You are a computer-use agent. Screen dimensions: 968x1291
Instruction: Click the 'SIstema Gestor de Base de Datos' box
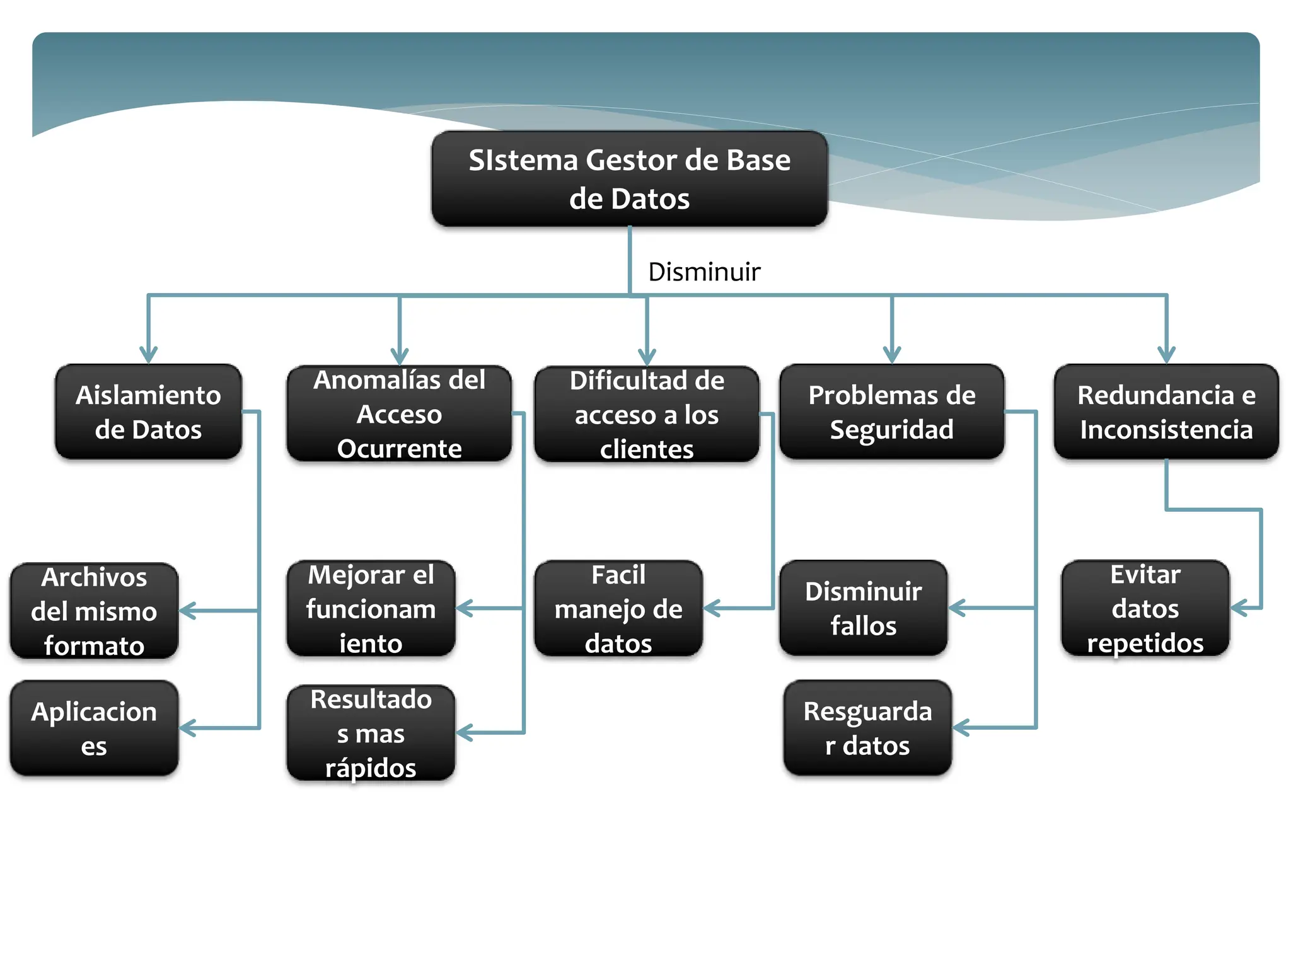click(629, 179)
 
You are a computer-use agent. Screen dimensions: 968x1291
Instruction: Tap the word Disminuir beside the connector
click(703, 272)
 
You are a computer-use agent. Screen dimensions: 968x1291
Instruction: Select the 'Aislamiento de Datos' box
click(148, 412)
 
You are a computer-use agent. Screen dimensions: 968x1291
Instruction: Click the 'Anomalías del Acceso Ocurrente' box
click(399, 414)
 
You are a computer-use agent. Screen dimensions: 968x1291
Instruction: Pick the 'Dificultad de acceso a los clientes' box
click(646, 415)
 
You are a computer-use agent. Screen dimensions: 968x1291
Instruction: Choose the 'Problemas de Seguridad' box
click(891, 412)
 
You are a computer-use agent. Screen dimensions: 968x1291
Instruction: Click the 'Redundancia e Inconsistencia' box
click(1166, 412)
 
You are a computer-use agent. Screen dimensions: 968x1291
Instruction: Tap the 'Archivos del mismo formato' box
click(94, 611)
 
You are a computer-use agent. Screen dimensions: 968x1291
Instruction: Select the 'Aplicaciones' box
click(94, 728)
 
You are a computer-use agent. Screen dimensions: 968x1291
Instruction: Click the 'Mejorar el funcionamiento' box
click(371, 609)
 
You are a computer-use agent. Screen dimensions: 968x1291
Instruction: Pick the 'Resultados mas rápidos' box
click(371, 733)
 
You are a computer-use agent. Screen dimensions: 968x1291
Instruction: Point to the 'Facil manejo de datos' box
click(618, 609)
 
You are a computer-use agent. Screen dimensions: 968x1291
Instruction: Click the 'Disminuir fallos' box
click(863, 608)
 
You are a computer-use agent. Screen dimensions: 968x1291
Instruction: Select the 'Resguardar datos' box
click(867, 728)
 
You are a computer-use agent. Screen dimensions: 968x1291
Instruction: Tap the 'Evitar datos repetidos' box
click(1145, 609)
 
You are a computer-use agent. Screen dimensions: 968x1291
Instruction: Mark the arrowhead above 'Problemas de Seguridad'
click(891, 355)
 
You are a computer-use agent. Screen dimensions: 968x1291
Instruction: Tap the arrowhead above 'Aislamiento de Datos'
click(148, 355)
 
